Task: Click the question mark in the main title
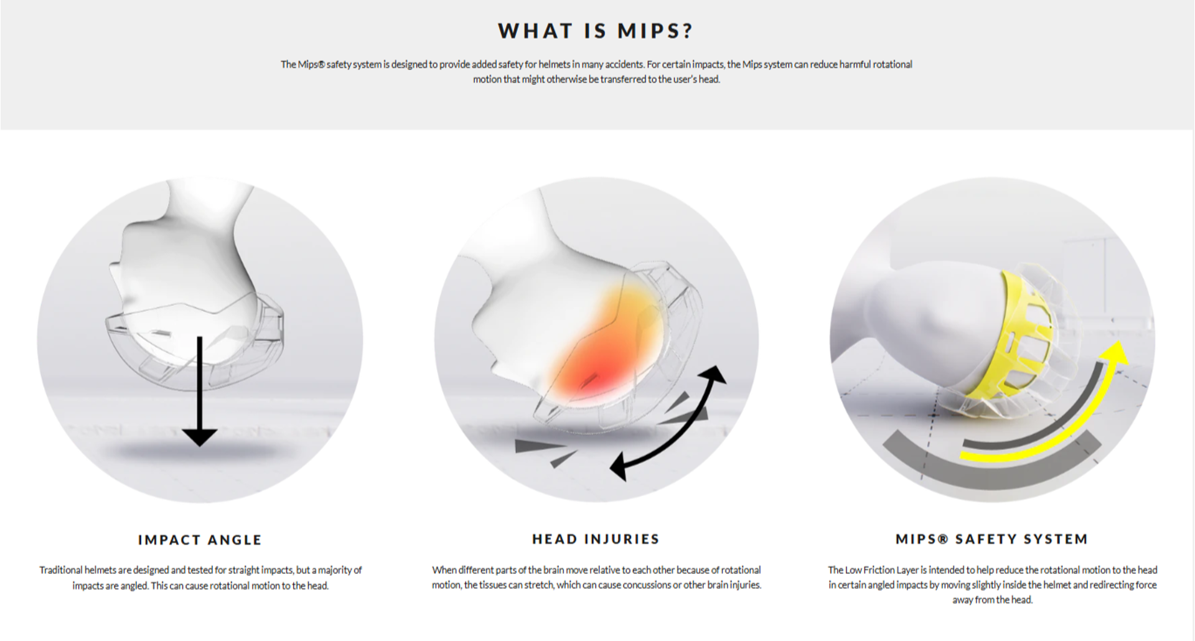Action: click(687, 30)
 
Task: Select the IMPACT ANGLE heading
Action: click(200, 540)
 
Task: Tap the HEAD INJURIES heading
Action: click(596, 539)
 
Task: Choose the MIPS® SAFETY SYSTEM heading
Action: click(992, 539)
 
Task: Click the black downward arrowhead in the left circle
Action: click(200, 437)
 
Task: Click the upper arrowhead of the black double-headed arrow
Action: click(714, 375)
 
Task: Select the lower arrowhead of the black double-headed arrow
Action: click(619, 467)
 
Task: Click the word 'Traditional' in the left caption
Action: click(61, 570)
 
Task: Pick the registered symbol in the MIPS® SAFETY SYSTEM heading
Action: click(942, 539)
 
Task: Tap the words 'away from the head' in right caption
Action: click(991, 600)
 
